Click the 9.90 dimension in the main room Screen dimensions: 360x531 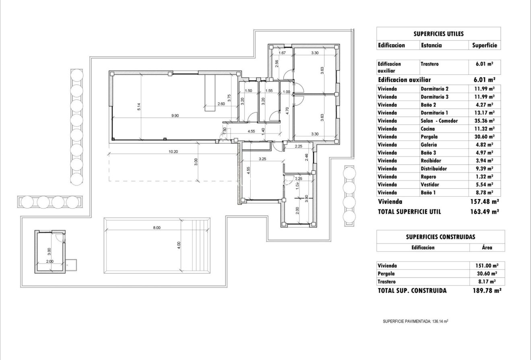point(175,116)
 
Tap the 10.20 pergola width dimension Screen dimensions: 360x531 point(174,152)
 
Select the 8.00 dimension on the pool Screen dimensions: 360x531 point(156,228)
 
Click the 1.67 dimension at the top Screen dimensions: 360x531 point(282,53)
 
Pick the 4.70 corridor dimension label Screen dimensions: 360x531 point(287,111)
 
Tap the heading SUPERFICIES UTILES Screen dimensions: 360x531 point(438,34)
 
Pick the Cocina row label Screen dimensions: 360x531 point(428,129)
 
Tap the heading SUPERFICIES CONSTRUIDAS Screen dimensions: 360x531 point(440,237)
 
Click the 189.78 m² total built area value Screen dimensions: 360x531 point(487,290)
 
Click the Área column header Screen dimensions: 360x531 point(487,248)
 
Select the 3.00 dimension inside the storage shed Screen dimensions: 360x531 point(49,251)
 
